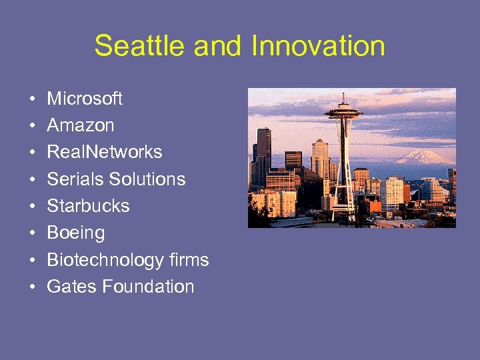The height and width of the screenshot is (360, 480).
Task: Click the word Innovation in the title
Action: coord(318,46)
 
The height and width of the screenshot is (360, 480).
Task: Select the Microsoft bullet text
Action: coord(85,99)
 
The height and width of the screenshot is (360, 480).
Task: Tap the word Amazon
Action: coord(81,125)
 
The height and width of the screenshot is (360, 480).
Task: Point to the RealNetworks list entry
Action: coord(105,152)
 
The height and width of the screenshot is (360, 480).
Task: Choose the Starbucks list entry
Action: coord(88,206)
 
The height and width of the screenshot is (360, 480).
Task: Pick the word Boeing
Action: coord(76,233)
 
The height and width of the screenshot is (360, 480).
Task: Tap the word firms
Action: coord(189,260)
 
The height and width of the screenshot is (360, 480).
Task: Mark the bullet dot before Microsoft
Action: coord(32,99)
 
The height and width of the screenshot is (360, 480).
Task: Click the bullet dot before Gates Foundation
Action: coord(32,287)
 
